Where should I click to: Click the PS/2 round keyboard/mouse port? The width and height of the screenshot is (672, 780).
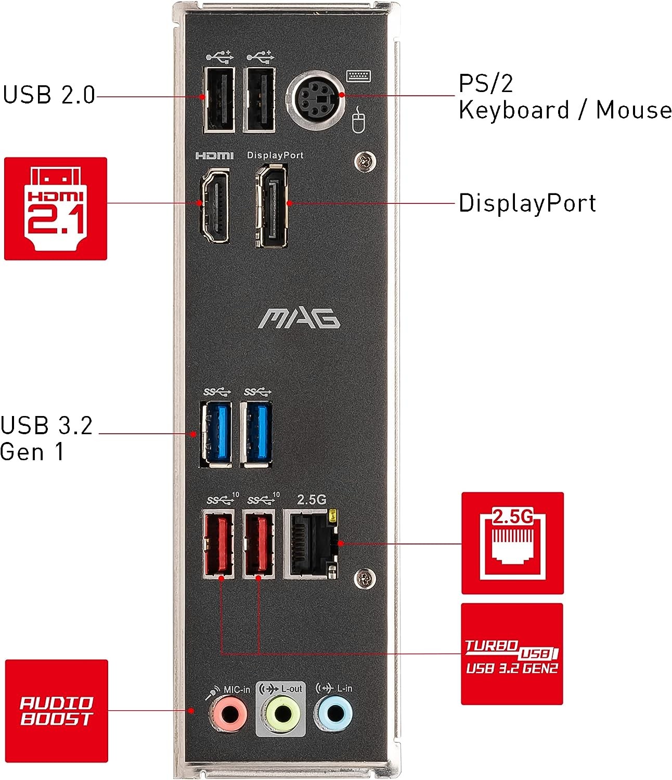(x=315, y=100)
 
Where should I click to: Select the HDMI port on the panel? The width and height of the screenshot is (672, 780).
(x=214, y=206)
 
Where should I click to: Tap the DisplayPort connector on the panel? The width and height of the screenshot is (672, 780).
(x=272, y=206)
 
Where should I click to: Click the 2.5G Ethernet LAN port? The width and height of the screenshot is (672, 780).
(x=311, y=544)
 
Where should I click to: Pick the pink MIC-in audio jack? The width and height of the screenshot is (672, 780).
(x=228, y=714)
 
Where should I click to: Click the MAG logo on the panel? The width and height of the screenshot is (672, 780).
(x=299, y=318)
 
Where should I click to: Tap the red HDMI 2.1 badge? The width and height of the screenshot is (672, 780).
(x=56, y=209)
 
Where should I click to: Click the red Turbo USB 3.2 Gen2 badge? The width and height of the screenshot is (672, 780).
(x=512, y=654)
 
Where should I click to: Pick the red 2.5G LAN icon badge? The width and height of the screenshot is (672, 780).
(x=512, y=543)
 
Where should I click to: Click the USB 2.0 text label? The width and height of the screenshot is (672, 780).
(x=49, y=95)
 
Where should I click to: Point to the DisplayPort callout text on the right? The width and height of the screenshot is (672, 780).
(x=527, y=203)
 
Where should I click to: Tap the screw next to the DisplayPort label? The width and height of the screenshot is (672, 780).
(x=365, y=162)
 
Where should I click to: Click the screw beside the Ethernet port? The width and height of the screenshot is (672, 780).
(x=365, y=578)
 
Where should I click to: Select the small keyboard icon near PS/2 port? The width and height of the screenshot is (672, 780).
(x=358, y=76)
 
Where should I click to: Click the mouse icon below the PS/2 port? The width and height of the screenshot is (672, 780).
(x=358, y=120)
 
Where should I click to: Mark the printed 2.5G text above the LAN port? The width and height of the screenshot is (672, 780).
(x=312, y=500)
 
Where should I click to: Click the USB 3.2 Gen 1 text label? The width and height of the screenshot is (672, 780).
(x=46, y=439)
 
